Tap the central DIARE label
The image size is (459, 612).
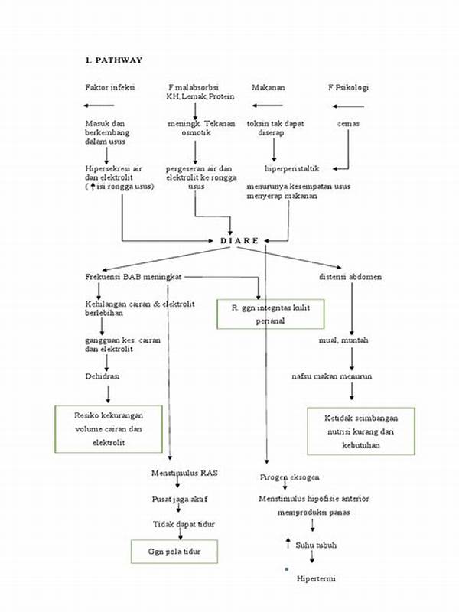(239, 240)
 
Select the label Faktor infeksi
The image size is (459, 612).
(110, 88)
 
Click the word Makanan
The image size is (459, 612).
(269, 88)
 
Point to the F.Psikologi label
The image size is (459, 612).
(348, 88)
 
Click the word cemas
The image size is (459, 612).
(348, 123)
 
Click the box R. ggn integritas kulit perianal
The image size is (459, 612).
(271, 314)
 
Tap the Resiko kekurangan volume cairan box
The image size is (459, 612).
(108, 428)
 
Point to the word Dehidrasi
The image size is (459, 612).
(102, 376)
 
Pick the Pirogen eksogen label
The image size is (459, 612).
(289, 477)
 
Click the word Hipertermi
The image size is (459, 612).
(317, 578)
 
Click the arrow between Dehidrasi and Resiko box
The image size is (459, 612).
(108, 393)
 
